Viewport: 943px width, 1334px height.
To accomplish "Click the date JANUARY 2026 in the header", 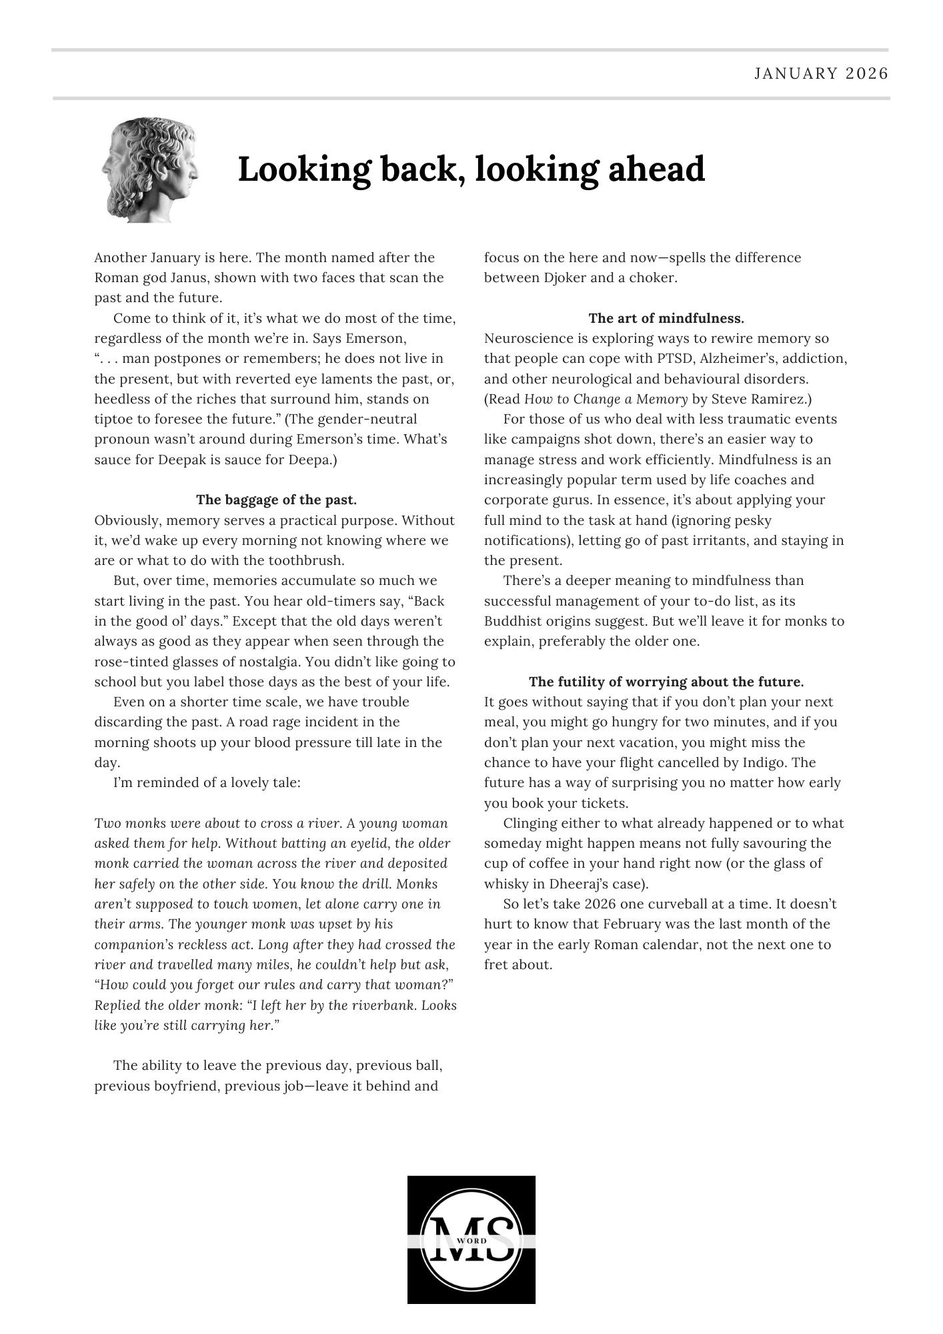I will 821,73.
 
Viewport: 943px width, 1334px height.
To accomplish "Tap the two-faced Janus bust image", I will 151,171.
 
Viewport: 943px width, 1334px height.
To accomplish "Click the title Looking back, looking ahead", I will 471,169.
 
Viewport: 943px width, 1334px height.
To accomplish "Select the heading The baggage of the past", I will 276,500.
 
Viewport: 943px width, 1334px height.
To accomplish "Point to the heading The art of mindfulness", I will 666,318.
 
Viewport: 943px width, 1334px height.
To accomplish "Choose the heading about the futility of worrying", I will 666,682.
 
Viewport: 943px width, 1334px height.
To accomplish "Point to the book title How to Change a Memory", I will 606,400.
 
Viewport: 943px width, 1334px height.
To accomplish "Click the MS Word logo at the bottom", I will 471,1239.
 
